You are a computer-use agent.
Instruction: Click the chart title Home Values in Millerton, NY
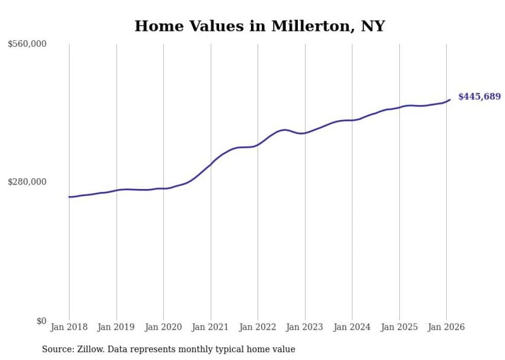260,26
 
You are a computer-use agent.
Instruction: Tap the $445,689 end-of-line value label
479,96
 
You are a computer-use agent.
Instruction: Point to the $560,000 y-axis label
27,44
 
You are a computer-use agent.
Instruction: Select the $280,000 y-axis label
27,182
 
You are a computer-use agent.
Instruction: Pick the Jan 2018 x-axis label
69,327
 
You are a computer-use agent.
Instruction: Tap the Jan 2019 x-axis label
116,327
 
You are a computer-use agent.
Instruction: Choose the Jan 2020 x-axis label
163,327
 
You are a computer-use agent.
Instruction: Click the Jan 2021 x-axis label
210,327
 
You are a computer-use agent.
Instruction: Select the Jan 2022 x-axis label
258,327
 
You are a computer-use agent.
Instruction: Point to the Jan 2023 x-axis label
305,327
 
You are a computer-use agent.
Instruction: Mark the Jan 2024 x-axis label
352,327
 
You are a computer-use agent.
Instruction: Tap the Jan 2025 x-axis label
399,327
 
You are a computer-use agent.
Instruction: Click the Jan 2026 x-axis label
446,327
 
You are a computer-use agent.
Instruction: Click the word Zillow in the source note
91,349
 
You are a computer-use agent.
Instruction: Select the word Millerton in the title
300,26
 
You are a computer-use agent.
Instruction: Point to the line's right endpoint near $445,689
450,99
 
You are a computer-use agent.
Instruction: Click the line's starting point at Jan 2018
69,197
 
